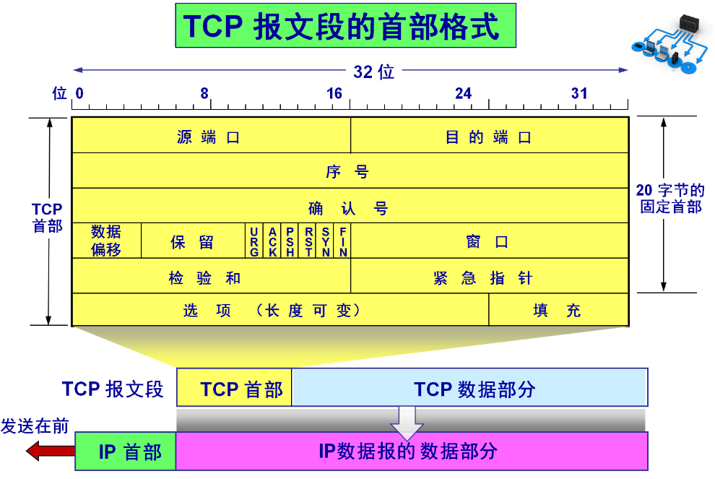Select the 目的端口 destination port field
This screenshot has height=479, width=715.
(x=489, y=136)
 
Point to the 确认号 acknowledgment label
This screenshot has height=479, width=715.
(x=349, y=208)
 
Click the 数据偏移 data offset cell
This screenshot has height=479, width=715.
(x=106, y=241)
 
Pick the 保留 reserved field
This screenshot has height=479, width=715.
(x=193, y=241)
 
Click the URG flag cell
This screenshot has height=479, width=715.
(x=254, y=241)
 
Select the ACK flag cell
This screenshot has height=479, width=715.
(x=272, y=241)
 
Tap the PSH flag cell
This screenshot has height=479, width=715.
(x=290, y=241)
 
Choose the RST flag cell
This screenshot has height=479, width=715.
(x=308, y=241)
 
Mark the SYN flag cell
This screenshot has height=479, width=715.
(x=326, y=241)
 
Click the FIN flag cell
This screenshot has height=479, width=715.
(x=343, y=241)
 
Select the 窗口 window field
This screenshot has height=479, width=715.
(x=489, y=241)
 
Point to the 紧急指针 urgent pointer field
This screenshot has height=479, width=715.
(x=489, y=277)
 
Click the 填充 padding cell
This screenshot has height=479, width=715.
(x=558, y=310)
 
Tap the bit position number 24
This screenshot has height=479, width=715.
(x=463, y=94)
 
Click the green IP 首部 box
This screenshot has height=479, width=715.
(x=126, y=452)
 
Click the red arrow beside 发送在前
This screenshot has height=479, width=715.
(x=50, y=452)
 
